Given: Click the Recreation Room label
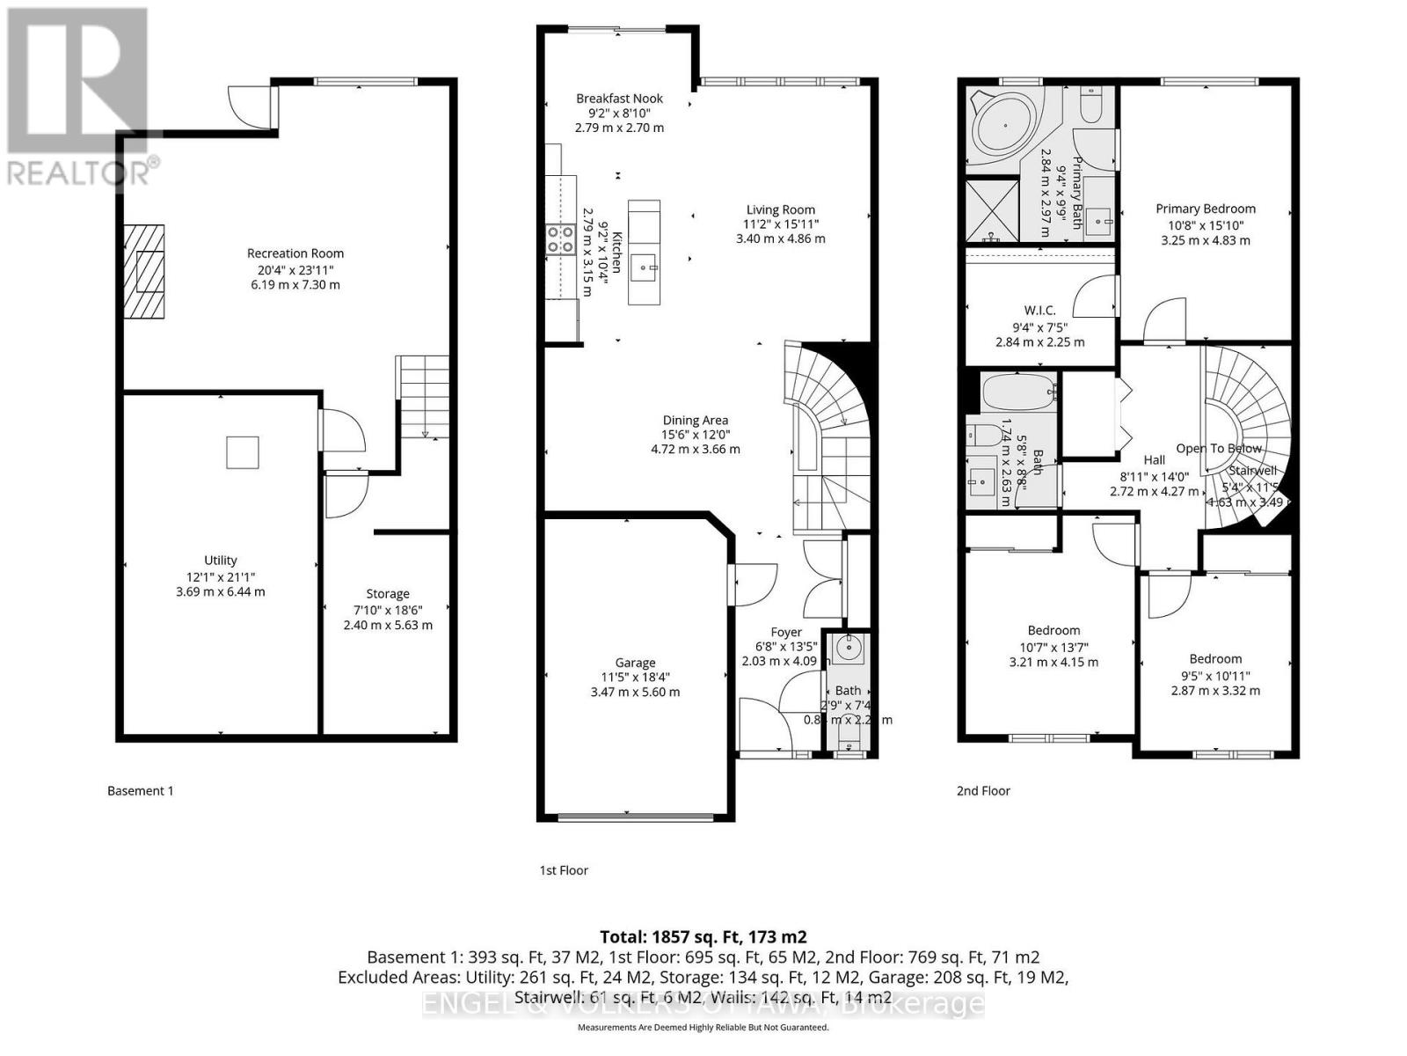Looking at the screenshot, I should click(x=295, y=253).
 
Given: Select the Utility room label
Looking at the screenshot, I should click(x=221, y=560).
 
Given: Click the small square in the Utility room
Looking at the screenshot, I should click(x=243, y=452).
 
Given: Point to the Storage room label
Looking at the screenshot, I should click(x=388, y=594).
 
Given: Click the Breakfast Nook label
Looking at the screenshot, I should click(x=619, y=99).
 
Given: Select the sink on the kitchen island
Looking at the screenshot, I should click(x=645, y=264).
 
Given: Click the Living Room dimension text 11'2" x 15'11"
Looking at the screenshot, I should click(x=781, y=224).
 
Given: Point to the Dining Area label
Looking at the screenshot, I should click(x=695, y=421).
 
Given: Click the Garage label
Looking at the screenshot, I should click(x=635, y=663).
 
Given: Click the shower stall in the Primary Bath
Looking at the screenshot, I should click(x=992, y=209).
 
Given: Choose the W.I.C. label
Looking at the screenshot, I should click(x=1039, y=311).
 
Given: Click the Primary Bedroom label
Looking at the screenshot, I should click(x=1205, y=209).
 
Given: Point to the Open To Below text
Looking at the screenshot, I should click(x=1219, y=448).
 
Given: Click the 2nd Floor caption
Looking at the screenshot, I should click(x=983, y=790).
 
